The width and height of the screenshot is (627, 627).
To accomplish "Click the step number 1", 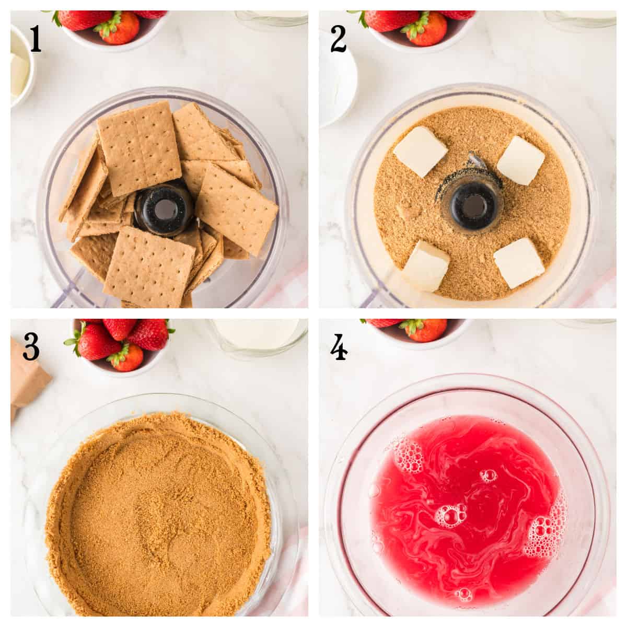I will point(35,40).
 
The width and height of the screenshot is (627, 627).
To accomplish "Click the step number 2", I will point(338,40).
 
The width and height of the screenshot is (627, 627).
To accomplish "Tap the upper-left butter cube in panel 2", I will point(420,151).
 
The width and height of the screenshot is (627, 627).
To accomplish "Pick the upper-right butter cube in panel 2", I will point(521,160).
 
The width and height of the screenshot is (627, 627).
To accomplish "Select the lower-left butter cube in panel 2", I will point(425,265).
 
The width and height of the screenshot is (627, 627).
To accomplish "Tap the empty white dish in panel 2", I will point(337,84).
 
